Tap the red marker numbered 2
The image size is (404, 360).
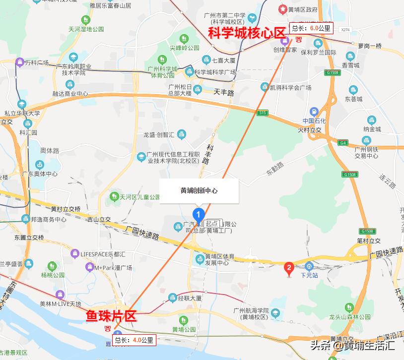(289, 269)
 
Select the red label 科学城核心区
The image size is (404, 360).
(247, 33)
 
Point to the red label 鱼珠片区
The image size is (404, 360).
(111, 315)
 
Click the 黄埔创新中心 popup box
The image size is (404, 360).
(199, 190)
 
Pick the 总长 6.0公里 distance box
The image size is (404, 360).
(311, 28)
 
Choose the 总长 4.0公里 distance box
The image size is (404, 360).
(135, 340)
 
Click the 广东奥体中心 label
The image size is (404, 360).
(40, 174)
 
